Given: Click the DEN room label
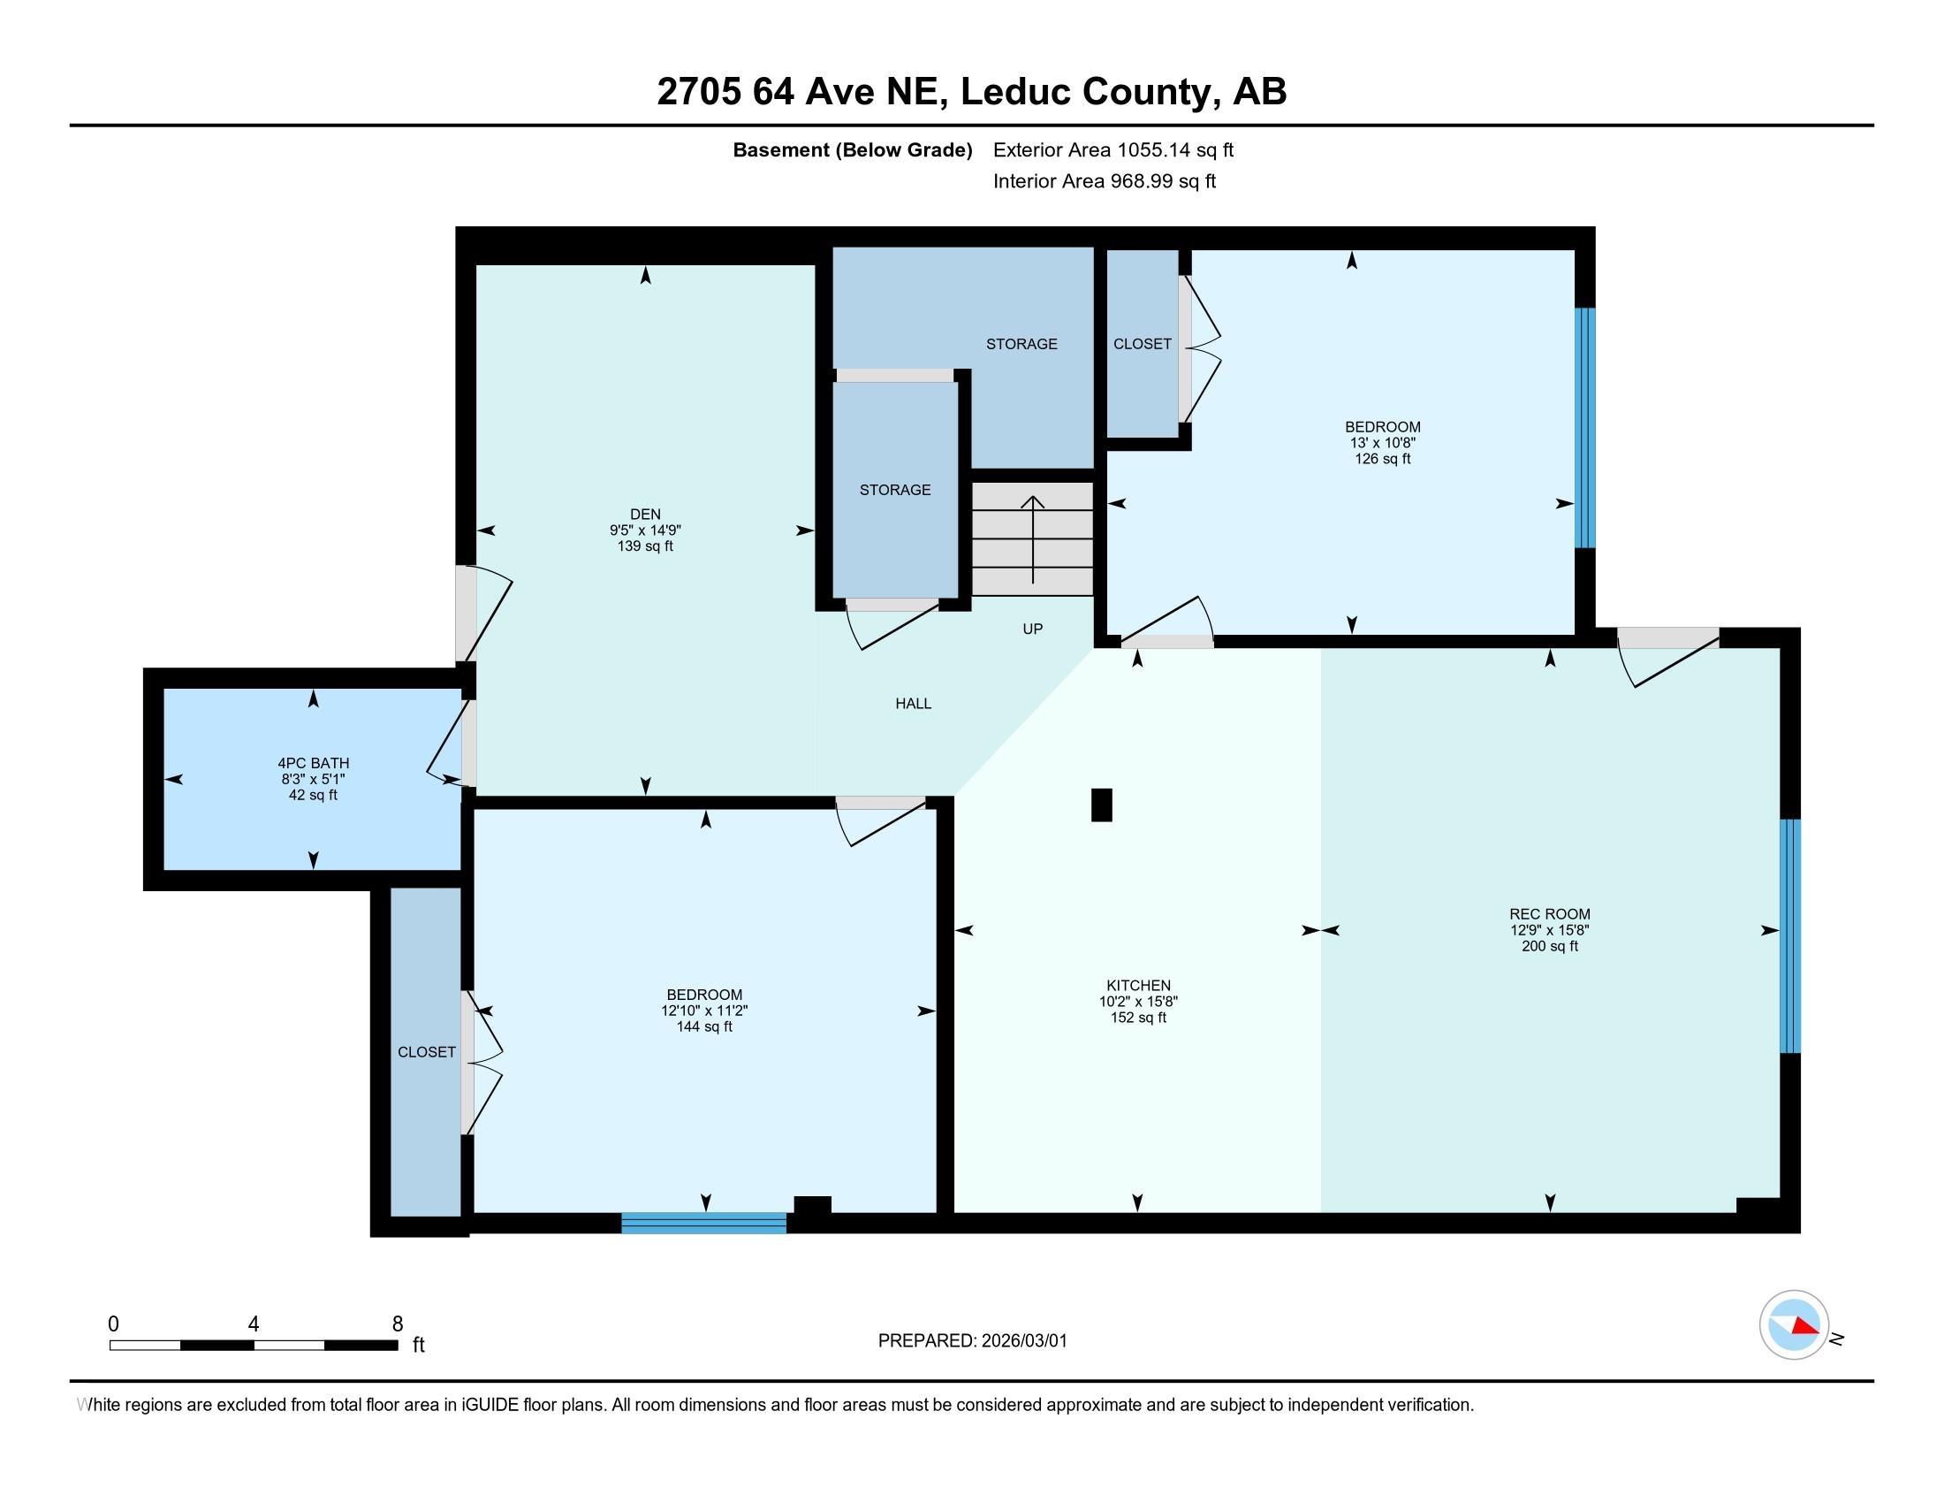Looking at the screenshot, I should (644, 514).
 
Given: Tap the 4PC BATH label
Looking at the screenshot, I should (313, 763).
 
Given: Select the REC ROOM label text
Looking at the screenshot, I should (1549, 913).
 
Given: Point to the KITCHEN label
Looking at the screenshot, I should (1137, 985).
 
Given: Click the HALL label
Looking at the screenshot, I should (913, 704).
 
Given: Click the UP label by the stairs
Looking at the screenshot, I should (1031, 629).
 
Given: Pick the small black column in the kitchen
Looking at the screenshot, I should (1101, 804).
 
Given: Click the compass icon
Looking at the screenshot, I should (1794, 1324).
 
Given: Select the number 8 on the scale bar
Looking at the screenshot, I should (397, 1324).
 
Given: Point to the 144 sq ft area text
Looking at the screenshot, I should (703, 1026).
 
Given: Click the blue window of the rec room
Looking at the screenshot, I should (1790, 935).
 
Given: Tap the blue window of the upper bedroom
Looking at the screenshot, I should (1584, 427).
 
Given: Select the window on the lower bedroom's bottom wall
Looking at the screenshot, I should (703, 1223).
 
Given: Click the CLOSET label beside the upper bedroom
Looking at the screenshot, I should (1141, 344).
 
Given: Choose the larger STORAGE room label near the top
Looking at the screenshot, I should (1021, 344).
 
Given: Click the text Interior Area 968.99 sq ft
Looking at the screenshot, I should (1104, 181).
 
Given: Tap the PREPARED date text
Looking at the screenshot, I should (972, 1340).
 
